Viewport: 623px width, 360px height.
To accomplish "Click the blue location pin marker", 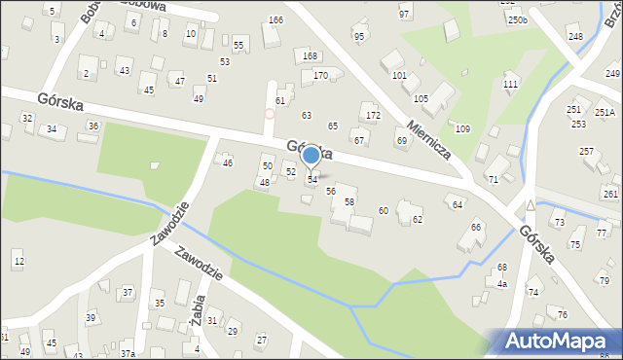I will (x=311, y=155).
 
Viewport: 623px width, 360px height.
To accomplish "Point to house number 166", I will (x=275, y=20).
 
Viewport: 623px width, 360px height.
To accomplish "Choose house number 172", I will (x=373, y=116).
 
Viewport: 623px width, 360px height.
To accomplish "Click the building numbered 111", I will (x=510, y=85).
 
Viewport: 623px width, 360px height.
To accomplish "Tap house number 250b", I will (x=516, y=20).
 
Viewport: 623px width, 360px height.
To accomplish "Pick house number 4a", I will (x=502, y=283).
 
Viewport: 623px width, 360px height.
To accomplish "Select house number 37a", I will (x=128, y=355).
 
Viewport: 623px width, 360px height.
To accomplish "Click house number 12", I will (x=18, y=263).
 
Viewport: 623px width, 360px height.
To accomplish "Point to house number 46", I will (x=228, y=162).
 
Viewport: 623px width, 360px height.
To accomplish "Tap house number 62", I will (x=417, y=220).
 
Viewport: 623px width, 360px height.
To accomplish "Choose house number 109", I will (x=462, y=128).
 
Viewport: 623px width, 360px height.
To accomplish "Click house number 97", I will (x=404, y=16).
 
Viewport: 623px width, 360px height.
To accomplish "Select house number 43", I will (x=124, y=71).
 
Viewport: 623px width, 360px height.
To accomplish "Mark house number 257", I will (x=586, y=152).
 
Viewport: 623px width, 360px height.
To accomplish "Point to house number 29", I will (x=232, y=332).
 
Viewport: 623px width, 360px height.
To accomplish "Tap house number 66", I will (x=476, y=228).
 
